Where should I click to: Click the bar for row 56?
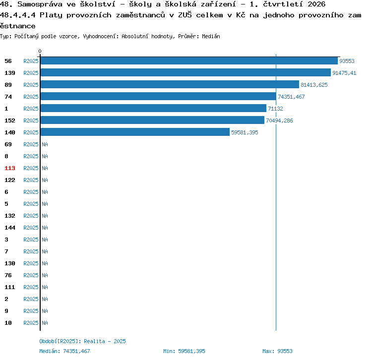click(x=189, y=61)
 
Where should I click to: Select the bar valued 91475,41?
click(x=186, y=72)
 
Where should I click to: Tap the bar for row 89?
click(x=170, y=84)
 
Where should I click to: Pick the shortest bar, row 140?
click(x=135, y=132)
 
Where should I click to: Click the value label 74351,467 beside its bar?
click(x=291, y=97)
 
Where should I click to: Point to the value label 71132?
click(x=275, y=109)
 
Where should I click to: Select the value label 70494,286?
click(x=279, y=120)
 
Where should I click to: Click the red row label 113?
click(x=10, y=168)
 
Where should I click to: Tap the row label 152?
click(x=10, y=120)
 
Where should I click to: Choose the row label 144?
click(x=10, y=228)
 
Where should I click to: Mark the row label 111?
click(x=10, y=287)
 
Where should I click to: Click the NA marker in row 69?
click(x=45, y=144)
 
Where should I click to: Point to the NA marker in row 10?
click(x=45, y=323)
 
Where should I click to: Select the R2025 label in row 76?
click(x=31, y=275)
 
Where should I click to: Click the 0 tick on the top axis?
click(x=40, y=51)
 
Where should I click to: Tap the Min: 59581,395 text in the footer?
click(x=184, y=351)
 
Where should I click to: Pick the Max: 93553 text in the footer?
click(x=277, y=351)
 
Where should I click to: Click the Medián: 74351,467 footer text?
click(x=64, y=351)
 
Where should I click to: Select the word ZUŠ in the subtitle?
click(x=185, y=15)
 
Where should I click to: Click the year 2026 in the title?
click(x=316, y=4)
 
